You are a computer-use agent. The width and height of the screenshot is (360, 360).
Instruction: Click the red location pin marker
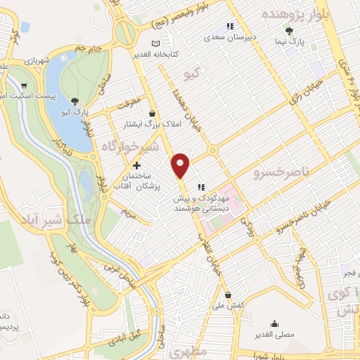click(x=181, y=165)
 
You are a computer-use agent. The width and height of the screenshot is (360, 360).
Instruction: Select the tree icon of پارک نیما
click(x=288, y=31)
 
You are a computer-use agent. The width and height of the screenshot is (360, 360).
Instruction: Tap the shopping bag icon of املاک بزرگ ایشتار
click(x=153, y=113)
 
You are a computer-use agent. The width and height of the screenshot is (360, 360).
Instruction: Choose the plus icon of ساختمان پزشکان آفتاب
click(x=136, y=165)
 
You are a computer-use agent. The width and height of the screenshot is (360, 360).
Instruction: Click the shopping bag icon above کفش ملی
click(x=228, y=295)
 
